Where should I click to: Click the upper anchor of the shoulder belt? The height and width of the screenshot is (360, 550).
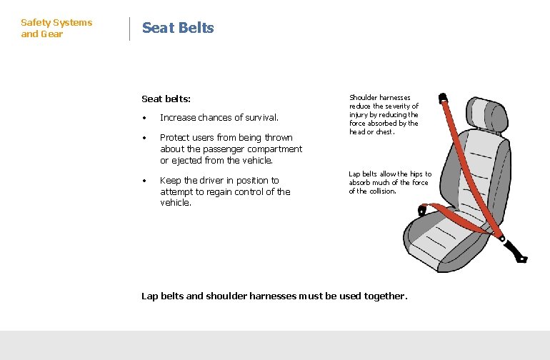coord(443,96)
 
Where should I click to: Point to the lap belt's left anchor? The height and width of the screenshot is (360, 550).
coord(423,209)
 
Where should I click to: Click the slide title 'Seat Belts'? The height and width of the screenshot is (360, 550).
coord(178,28)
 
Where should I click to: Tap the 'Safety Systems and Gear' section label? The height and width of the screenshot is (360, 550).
coord(56,29)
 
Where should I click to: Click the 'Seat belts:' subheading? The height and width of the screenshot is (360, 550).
coord(166,99)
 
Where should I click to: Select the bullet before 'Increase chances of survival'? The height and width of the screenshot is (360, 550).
coord(144,118)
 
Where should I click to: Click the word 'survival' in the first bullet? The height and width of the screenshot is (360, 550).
coord(259,118)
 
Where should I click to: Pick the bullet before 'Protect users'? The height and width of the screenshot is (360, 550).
coord(144,138)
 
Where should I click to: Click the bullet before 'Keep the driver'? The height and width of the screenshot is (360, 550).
coord(144,181)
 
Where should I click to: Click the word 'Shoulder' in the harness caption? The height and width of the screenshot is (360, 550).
coord(364,98)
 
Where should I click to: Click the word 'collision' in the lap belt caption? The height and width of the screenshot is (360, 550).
coord(382,191)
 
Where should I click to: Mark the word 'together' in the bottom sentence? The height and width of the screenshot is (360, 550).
coord(384,296)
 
